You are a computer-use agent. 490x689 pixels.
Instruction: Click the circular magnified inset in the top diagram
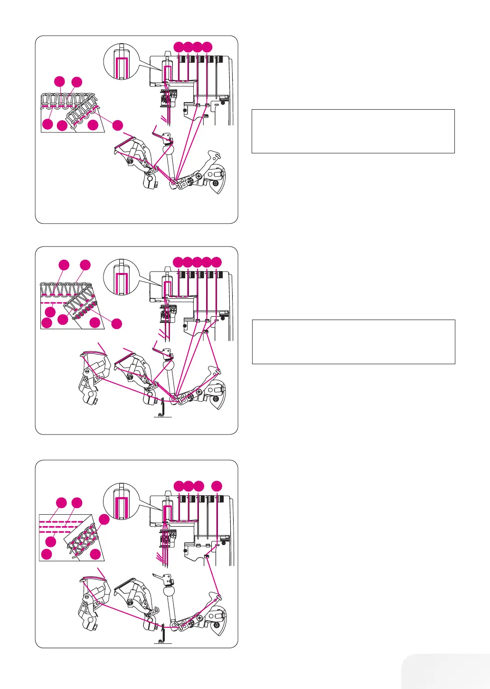click(x=121, y=62)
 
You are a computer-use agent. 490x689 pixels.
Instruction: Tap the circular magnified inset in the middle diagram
click(x=121, y=277)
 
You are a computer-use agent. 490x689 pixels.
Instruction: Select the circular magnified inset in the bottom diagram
click(x=121, y=500)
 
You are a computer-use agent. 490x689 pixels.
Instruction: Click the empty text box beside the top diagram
click(x=353, y=131)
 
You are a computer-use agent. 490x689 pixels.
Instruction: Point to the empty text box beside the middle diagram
click(x=353, y=342)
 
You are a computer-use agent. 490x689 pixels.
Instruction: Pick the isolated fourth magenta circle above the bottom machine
click(x=217, y=486)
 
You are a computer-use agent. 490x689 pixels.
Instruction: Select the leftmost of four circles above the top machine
click(x=178, y=47)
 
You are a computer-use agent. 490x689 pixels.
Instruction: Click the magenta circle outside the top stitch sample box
click(x=117, y=125)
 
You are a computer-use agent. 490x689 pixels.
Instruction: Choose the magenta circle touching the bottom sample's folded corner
click(x=104, y=519)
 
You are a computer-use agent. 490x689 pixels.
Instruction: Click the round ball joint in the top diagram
click(x=168, y=150)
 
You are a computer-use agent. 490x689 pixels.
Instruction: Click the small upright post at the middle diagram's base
click(x=161, y=407)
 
